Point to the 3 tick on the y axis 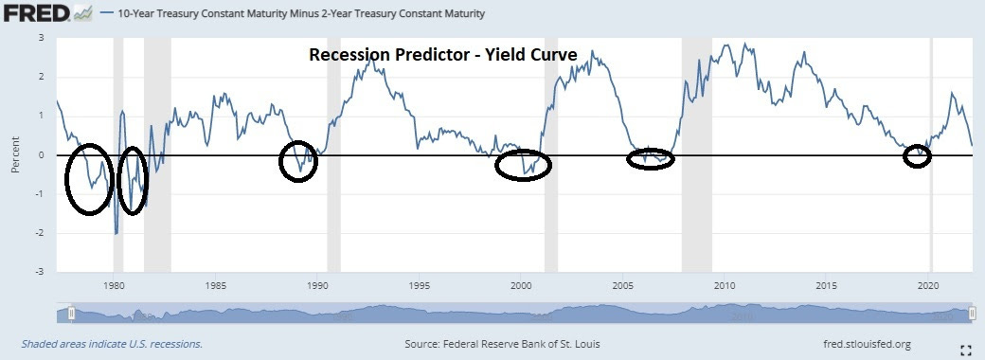pyautogui.click(x=41, y=38)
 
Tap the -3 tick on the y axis pyautogui.click(x=39, y=272)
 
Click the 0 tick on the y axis pyautogui.click(x=41, y=155)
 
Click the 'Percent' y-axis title pyautogui.click(x=15, y=155)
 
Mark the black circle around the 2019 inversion pyautogui.click(x=917, y=156)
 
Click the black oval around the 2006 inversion pyautogui.click(x=651, y=159)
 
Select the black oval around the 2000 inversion pyautogui.click(x=523, y=165)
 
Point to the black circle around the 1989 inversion pyautogui.click(x=298, y=162)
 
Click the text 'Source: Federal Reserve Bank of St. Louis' pyautogui.click(x=502, y=343)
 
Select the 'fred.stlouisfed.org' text pyautogui.click(x=865, y=343)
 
